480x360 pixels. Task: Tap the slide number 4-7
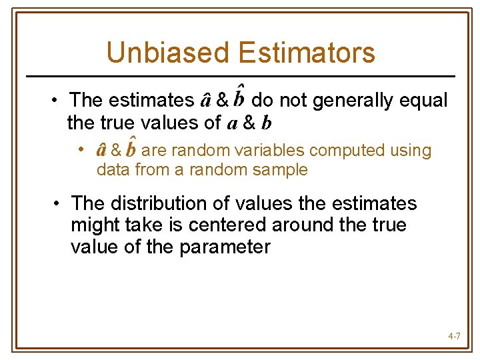tap(454, 337)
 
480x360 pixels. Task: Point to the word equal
tap(423, 101)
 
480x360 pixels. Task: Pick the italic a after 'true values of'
tap(231, 125)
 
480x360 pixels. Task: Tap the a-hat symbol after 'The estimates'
tap(207, 101)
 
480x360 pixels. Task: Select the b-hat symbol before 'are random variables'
tap(131, 149)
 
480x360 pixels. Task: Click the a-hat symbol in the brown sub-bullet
tap(103, 150)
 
